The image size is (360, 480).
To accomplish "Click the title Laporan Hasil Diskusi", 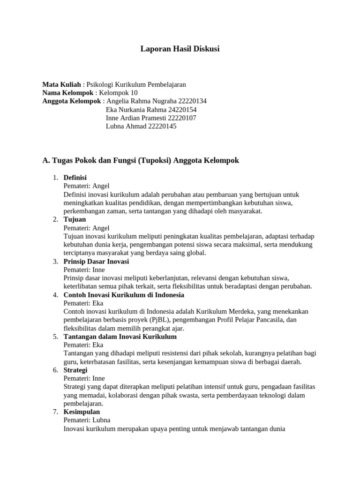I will pos(180,49).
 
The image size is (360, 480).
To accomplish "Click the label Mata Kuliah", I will pos(61,84).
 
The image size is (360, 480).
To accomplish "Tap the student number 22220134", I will pos(191,101).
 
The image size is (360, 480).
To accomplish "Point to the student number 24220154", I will pos(181,110).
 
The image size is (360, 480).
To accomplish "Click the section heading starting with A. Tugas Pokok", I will pos(141,160).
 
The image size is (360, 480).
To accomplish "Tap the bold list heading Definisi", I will pos(75,178).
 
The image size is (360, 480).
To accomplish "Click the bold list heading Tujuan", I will pos(75,219).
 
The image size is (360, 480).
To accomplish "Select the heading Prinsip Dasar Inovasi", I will pos(96,262).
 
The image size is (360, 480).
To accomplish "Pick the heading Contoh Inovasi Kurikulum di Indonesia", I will pos(124,295).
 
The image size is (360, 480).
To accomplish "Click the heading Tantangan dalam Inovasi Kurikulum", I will pos(120,337).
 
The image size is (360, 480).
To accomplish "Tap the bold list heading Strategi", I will pos(75,370).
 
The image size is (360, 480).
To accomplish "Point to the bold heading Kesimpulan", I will pos(82,412).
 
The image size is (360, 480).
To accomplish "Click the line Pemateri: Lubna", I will pos(87,420).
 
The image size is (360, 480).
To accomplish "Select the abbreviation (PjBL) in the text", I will pos(160,320).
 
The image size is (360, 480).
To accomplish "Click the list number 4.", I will pos(55,295).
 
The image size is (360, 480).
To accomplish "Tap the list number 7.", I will pos(55,412).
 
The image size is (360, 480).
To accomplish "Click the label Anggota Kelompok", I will pos(72,101).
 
